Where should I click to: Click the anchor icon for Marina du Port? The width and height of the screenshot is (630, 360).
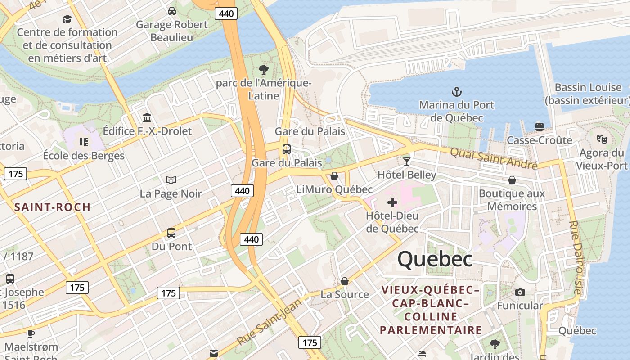457,92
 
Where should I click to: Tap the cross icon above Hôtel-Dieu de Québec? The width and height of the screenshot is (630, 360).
392,202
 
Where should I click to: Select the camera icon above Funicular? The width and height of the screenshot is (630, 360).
520,292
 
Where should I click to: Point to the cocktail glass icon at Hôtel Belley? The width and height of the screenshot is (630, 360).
407,162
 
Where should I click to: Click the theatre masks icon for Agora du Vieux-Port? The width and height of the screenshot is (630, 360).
602,139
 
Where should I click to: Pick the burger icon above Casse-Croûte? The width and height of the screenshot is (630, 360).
540,127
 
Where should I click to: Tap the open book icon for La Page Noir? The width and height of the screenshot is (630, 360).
171,180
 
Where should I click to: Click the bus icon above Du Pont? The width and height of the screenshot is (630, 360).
171,233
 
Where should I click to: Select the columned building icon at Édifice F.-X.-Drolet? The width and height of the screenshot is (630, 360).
147,118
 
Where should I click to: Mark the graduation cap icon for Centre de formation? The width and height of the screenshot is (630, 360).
67,19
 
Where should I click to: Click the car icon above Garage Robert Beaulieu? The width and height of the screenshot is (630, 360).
172,11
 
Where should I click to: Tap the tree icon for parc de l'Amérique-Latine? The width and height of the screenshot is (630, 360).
264,70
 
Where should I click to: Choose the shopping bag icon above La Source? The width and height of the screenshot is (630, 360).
345,281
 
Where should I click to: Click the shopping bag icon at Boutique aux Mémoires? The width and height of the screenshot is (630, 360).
512,180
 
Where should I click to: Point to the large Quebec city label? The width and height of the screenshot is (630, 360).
435,259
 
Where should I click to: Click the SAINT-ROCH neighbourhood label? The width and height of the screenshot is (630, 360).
53,207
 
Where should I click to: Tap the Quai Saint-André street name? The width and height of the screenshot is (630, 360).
494,158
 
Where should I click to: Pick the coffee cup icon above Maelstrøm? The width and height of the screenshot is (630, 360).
31,333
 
